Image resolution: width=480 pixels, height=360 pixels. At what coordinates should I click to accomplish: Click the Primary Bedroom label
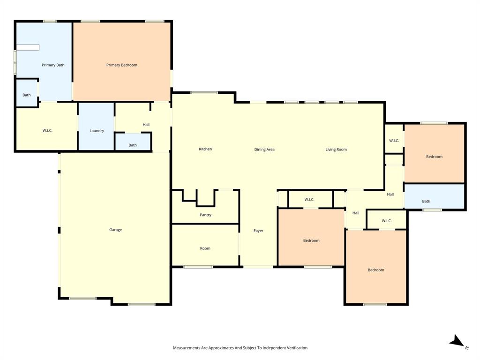point(121,65)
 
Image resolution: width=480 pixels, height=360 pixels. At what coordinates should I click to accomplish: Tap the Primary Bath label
point(53,65)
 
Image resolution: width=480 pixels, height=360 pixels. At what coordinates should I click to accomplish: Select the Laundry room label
point(97,131)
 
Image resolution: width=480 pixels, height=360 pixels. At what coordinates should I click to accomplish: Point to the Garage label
point(115,230)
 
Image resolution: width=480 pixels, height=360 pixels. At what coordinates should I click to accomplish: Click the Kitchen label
point(205,149)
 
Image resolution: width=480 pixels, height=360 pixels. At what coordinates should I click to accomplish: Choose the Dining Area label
point(264,150)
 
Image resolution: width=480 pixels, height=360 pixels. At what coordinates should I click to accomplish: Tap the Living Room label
point(336,150)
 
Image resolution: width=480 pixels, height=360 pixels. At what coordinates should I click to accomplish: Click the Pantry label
point(205,215)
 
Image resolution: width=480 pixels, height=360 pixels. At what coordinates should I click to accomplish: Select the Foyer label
point(258,231)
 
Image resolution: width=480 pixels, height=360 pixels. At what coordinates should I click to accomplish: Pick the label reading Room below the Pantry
point(205,248)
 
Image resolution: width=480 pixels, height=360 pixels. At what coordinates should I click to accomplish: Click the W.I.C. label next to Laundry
point(47,130)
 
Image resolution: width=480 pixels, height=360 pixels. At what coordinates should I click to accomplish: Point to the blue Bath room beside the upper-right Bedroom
point(426,202)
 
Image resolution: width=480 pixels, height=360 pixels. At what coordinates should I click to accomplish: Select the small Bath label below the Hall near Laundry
point(133,145)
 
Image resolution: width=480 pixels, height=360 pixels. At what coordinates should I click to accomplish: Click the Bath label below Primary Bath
point(27,95)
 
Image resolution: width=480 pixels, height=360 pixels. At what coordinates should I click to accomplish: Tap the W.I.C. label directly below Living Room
point(309,200)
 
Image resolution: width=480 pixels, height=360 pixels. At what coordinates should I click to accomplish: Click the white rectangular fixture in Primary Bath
point(28,47)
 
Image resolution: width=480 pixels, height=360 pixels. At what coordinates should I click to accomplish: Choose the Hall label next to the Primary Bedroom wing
point(146,125)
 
